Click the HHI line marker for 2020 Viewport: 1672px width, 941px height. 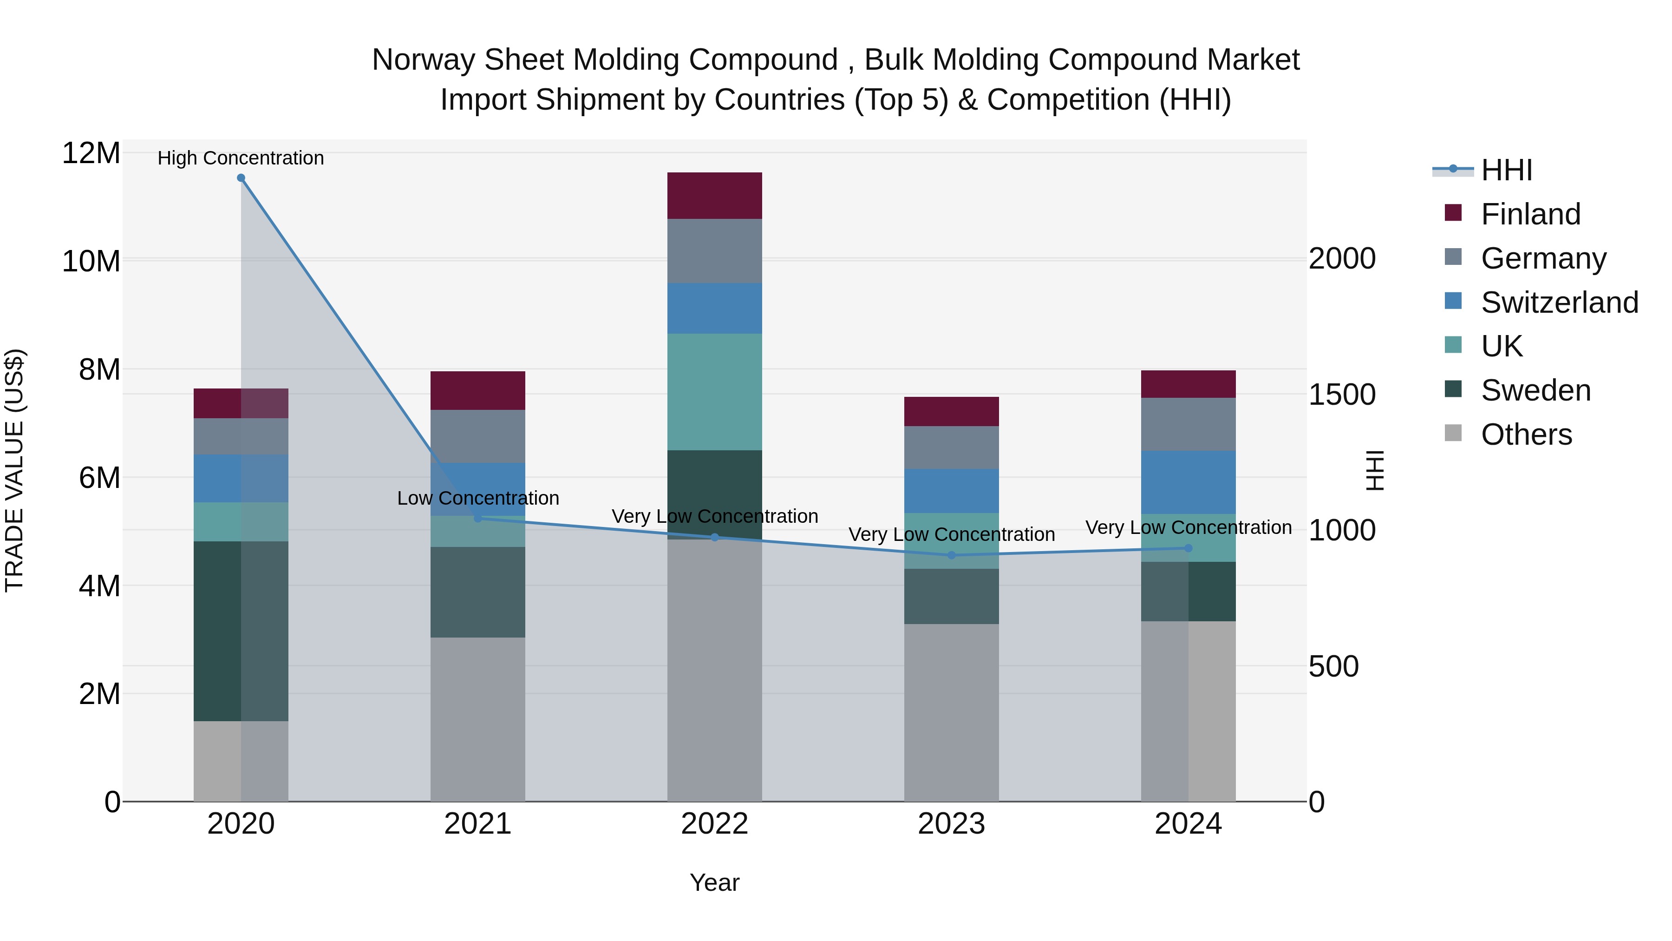tap(241, 178)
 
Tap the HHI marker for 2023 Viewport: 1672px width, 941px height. tap(952, 555)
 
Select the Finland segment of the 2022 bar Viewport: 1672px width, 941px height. tap(715, 196)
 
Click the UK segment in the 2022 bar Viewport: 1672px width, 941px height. tap(715, 392)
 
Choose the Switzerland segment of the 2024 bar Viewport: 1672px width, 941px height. tap(1189, 482)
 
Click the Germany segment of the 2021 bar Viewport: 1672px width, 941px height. tap(478, 436)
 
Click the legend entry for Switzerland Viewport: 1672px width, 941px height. tap(1559, 303)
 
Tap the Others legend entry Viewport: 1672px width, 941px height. tap(1526, 434)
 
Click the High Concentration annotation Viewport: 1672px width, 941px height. tap(241, 158)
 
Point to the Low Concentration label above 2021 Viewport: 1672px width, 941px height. tap(478, 498)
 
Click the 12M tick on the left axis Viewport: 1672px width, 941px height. tap(91, 153)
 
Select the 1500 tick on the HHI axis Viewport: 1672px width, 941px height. tap(1342, 395)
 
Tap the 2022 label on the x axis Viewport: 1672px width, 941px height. tap(715, 824)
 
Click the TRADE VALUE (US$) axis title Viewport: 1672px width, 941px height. tap(14, 470)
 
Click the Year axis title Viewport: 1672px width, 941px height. tap(715, 882)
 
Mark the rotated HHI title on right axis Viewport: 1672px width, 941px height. tap(1375, 470)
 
